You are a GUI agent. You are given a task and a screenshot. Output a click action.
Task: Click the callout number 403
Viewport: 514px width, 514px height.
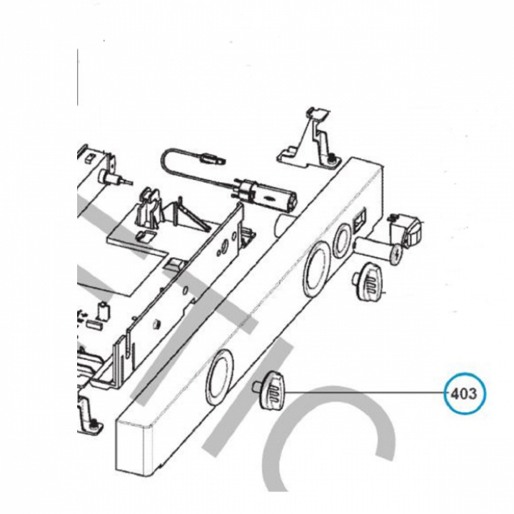(x=464, y=393)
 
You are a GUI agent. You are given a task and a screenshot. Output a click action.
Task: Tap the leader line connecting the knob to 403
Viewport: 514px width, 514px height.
(x=364, y=393)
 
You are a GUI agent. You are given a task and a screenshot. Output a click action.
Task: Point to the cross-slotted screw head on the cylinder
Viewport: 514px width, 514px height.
(x=396, y=253)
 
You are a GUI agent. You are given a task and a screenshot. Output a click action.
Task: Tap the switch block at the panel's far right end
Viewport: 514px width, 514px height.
(x=405, y=229)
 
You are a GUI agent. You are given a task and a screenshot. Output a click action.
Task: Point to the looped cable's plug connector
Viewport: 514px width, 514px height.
(x=213, y=159)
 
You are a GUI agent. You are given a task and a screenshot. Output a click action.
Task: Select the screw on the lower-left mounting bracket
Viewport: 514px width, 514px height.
(x=94, y=424)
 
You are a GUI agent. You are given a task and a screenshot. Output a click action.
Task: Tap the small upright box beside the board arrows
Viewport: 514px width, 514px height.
(x=104, y=312)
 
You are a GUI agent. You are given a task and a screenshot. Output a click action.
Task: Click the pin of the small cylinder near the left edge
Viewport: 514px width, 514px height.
(x=126, y=181)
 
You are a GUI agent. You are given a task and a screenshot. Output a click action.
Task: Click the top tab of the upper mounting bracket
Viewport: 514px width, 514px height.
(x=318, y=113)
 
